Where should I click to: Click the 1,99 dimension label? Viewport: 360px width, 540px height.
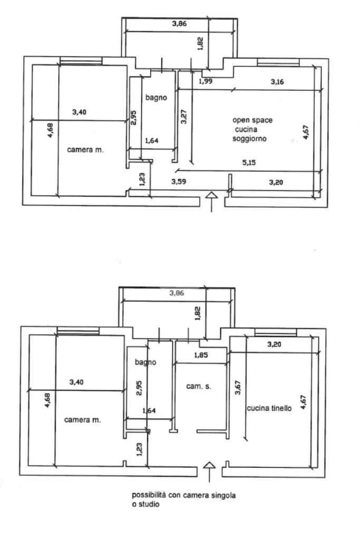click(x=206, y=81)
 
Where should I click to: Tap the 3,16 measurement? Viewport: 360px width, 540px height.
click(x=277, y=82)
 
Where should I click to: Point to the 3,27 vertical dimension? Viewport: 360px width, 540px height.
click(x=184, y=117)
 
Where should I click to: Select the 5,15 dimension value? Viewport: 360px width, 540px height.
click(x=249, y=162)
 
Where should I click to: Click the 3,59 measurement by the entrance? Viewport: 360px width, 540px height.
click(x=179, y=181)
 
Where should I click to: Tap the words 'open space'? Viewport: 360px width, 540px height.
click(x=252, y=120)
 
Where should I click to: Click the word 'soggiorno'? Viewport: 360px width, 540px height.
click(x=249, y=139)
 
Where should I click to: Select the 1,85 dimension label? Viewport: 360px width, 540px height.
click(x=201, y=355)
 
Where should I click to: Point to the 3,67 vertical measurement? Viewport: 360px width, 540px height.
click(x=238, y=388)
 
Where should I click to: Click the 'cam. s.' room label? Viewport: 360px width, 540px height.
click(x=199, y=387)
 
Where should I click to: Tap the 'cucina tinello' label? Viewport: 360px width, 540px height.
click(x=269, y=408)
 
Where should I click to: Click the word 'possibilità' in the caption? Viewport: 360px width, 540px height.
click(x=149, y=495)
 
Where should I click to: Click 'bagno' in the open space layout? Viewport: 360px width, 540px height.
click(x=156, y=98)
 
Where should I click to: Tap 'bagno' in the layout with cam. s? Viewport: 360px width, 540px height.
click(x=145, y=362)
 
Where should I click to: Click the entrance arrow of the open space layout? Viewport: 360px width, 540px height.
click(x=211, y=202)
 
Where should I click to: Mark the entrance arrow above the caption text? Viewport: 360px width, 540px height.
click(x=209, y=471)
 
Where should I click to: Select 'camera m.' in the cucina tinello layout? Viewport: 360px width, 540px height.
click(x=83, y=420)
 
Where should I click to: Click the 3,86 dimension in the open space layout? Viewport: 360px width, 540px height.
click(x=179, y=24)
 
